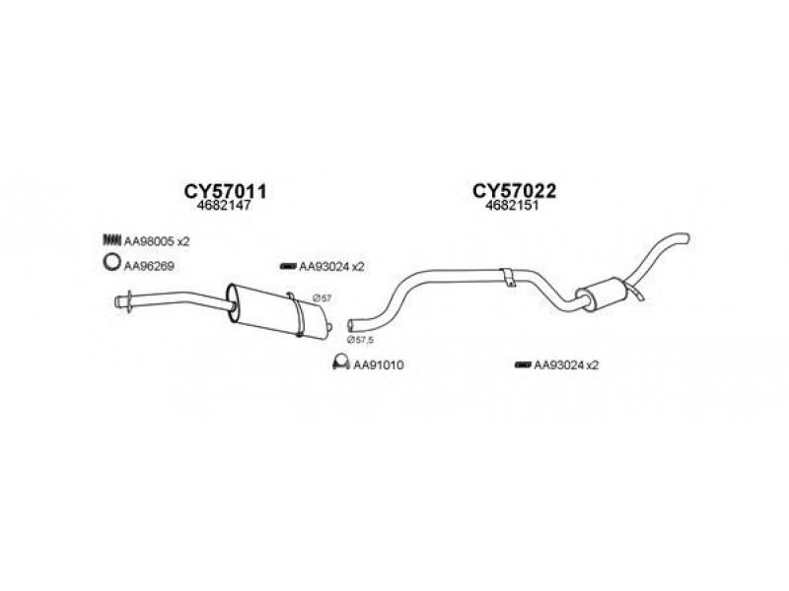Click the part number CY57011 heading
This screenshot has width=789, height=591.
226,191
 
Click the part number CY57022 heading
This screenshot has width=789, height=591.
514,191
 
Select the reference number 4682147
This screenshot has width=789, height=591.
225,206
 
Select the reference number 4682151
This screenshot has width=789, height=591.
512,206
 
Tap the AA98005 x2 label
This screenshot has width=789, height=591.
157,241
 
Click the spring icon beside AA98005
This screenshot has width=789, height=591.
112,240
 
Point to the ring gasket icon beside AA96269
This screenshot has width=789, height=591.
111,262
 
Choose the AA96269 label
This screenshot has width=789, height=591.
149,266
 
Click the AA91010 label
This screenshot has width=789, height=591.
379,365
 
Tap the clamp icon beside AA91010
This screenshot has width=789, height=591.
341,361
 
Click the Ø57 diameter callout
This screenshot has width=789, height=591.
322,298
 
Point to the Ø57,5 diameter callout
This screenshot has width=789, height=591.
360,340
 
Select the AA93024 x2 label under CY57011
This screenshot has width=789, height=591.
331,267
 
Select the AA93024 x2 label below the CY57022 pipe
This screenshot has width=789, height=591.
566,365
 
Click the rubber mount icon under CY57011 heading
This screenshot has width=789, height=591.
288,266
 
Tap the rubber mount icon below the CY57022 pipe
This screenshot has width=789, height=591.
523,364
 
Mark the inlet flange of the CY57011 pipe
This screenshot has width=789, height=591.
129,301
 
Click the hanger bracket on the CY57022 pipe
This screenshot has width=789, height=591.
509,277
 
